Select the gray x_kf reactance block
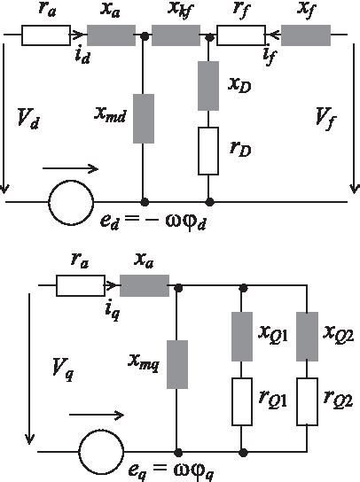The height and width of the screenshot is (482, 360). (176, 38)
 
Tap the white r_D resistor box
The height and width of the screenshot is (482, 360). (207, 150)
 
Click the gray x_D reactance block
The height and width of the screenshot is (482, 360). (207, 85)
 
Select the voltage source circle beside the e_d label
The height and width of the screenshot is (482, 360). (70, 202)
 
